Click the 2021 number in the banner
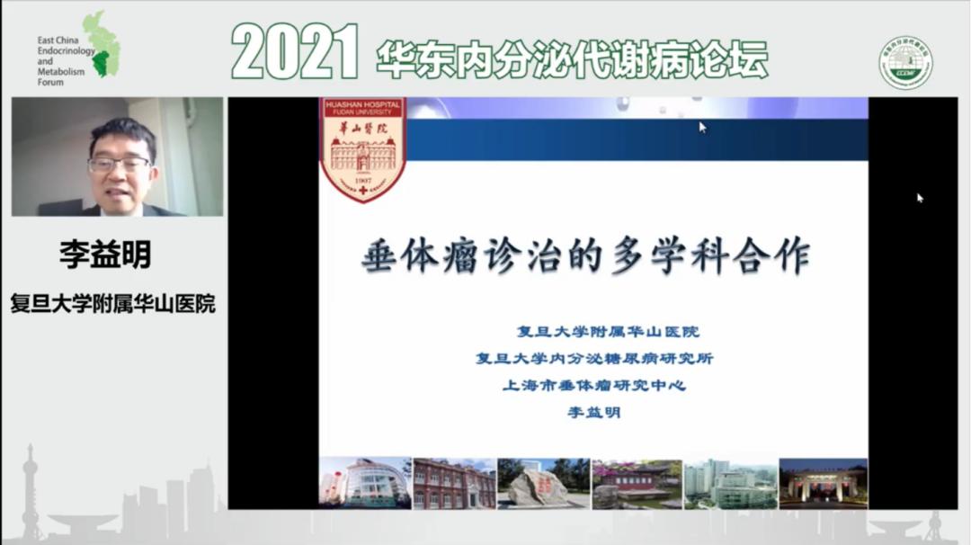click(x=295, y=51)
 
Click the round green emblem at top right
click(x=904, y=63)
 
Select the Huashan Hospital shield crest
click(x=363, y=148)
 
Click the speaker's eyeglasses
click(x=119, y=165)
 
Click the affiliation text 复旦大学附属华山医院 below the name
click(x=112, y=304)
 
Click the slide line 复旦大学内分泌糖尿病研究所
click(x=594, y=359)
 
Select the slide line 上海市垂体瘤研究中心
click(x=594, y=386)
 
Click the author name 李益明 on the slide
click(x=593, y=413)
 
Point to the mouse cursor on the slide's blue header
click(x=702, y=127)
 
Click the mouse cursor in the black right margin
click(x=920, y=198)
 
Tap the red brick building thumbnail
click(x=454, y=484)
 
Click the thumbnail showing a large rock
click(x=542, y=484)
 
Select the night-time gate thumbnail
click(x=823, y=484)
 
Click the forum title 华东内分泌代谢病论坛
click(x=572, y=58)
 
